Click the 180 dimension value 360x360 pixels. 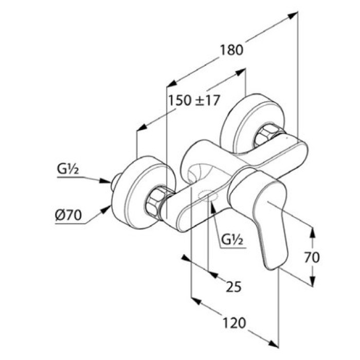231,50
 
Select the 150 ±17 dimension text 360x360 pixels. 194,100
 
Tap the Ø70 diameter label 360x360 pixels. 68,215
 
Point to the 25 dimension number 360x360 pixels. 233,286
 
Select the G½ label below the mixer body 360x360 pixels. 233,240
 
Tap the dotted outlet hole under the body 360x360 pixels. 208,196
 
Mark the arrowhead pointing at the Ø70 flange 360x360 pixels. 108,208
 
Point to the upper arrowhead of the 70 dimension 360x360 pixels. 312,230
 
